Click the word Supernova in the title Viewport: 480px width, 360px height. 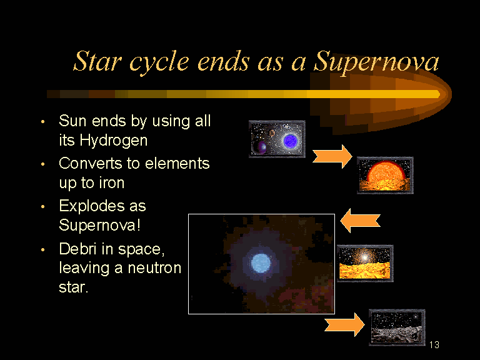pyautogui.click(x=376, y=62)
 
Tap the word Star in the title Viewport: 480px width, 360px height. pyautogui.click(x=98, y=61)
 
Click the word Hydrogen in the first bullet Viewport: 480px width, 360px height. pyautogui.click(x=114, y=141)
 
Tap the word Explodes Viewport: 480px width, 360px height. pyautogui.click(x=92, y=207)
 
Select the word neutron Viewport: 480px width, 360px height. pyautogui.click(x=154, y=269)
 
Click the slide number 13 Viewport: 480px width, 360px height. pyautogui.click(x=434, y=345)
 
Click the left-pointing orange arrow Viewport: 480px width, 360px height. pyautogui.click(x=360, y=221)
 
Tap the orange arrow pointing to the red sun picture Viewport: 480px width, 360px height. pyautogui.click(x=332, y=157)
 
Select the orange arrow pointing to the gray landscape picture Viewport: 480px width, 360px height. pyautogui.click(x=344, y=325)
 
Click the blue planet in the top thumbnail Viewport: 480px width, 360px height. pyautogui.click(x=290, y=141)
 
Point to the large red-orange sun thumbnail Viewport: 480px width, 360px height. pyautogui.click(x=385, y=176)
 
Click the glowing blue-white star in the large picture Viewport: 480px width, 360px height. pyautogui.click(x=261, y=263)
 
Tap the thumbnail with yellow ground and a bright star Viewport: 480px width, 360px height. pyautogui.click(x=365, y=263)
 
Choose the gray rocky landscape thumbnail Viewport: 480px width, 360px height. pyautogui.click(x=397, y=327)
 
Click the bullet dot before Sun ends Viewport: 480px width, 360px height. pyautogui.click(x=43, y=122)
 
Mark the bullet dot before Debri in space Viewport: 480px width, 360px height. pyautogui.click(x=43, y=250)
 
